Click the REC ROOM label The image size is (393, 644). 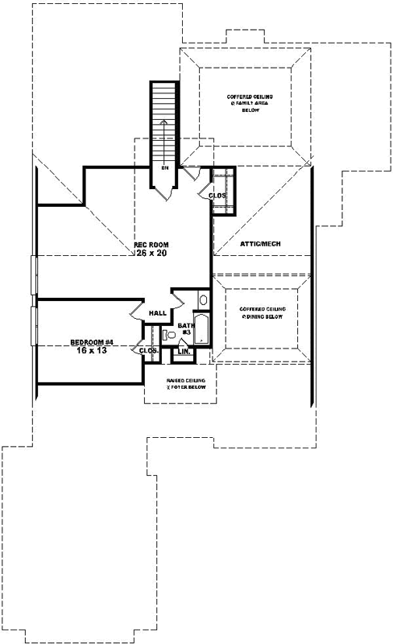click(x=151, y=244)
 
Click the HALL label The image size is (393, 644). click(x=157, y=314)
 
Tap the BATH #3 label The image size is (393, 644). click(x=184, y=328)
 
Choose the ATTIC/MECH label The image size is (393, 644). click(x=261, y=243)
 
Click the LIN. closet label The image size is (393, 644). click(x=183, y=352)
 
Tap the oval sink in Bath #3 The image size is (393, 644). click(x=203, y=301)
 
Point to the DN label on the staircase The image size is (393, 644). click(x=164, y=168)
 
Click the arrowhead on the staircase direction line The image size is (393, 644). click(x=164, y=122)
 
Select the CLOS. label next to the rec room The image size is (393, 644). click(x=217, y=196)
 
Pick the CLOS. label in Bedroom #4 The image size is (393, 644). click(x=147, y=351)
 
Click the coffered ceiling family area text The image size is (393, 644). click(x=245, y=103)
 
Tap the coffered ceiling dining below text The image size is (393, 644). click(x=259, y=313)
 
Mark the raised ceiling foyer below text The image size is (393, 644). click(x=186, y=383)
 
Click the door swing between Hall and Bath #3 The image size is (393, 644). click(x=178, y=299)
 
